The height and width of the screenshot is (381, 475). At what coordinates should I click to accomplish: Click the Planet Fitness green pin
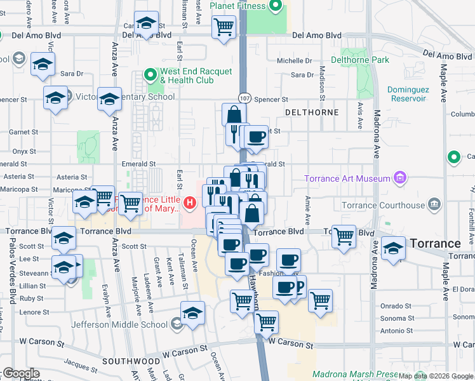(x=276, y=7)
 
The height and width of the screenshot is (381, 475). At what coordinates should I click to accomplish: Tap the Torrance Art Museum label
(x=347, y=178)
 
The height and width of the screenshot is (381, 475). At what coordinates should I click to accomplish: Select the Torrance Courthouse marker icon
(x=434, y=204)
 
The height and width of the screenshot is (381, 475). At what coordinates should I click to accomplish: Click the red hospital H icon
(x=189, y=203)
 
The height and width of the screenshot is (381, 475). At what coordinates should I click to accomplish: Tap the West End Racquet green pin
(x=151, y=76)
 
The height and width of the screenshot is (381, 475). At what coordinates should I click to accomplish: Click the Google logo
(x=21, y=373)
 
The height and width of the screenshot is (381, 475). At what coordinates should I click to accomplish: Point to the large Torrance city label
(x=435, y=243)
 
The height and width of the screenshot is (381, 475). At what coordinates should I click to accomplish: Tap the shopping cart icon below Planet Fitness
(x=224, y=27)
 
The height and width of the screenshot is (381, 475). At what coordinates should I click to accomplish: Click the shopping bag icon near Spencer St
(x=234, y=115)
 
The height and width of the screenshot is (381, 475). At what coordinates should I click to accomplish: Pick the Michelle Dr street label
(x=293, y=61)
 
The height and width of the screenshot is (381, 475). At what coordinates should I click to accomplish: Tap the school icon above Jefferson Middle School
(x=193, y=313)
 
